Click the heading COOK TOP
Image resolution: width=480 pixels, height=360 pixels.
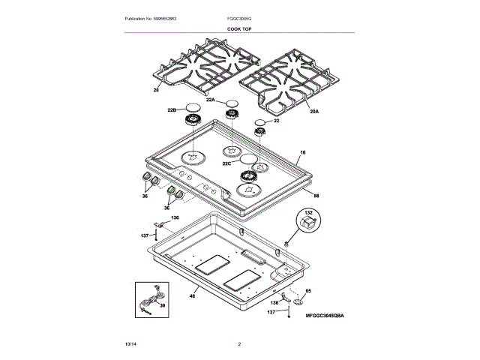[239, 28]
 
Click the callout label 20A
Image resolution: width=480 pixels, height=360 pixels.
[313, 111]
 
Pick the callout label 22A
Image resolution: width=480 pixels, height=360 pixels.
[211, 100]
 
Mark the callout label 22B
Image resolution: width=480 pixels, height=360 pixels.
[172, 110]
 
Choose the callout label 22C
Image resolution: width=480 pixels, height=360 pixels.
[226, 163]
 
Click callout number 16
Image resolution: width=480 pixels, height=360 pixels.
[302, 153]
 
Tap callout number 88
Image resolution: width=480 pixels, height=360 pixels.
[316, 196]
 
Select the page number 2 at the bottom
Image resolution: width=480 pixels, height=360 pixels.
[239, 343]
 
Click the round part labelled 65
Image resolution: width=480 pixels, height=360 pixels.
[298, 301]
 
